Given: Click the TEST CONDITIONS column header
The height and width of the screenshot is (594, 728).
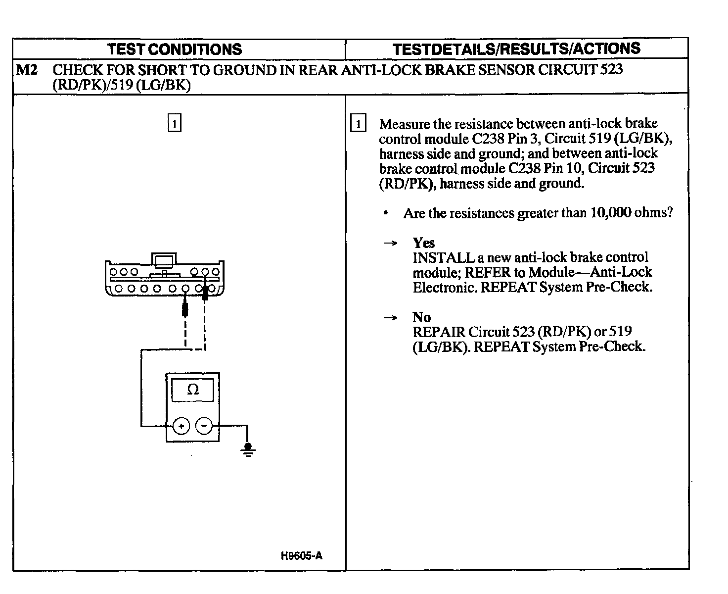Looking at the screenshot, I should [x=175, y=49].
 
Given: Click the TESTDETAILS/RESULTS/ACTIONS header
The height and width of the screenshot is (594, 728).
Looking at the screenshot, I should [x=516, y=49].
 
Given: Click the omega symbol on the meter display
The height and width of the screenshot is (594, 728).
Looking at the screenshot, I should [x=193, y=390].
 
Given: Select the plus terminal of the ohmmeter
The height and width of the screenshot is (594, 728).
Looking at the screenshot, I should [x=181, y=426].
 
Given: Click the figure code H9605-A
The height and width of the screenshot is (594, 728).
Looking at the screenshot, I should [x=301, y=556].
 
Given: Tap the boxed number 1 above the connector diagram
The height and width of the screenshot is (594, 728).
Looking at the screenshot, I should [x=175, y=123].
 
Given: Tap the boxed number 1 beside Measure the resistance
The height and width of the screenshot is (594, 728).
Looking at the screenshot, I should [x=359, y=124].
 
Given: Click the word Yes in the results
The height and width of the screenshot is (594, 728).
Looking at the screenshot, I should [x=424, y=243].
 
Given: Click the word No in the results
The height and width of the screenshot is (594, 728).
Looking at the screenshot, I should [x=421, y=317].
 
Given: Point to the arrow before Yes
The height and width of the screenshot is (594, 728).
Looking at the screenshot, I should [x=391, y=243].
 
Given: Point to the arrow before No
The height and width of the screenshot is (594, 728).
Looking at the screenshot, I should [x=391, y=318].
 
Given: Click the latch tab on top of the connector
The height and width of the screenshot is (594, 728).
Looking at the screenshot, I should [x=164, y=260].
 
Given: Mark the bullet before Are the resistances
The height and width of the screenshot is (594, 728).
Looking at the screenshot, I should [x=385, y=213].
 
